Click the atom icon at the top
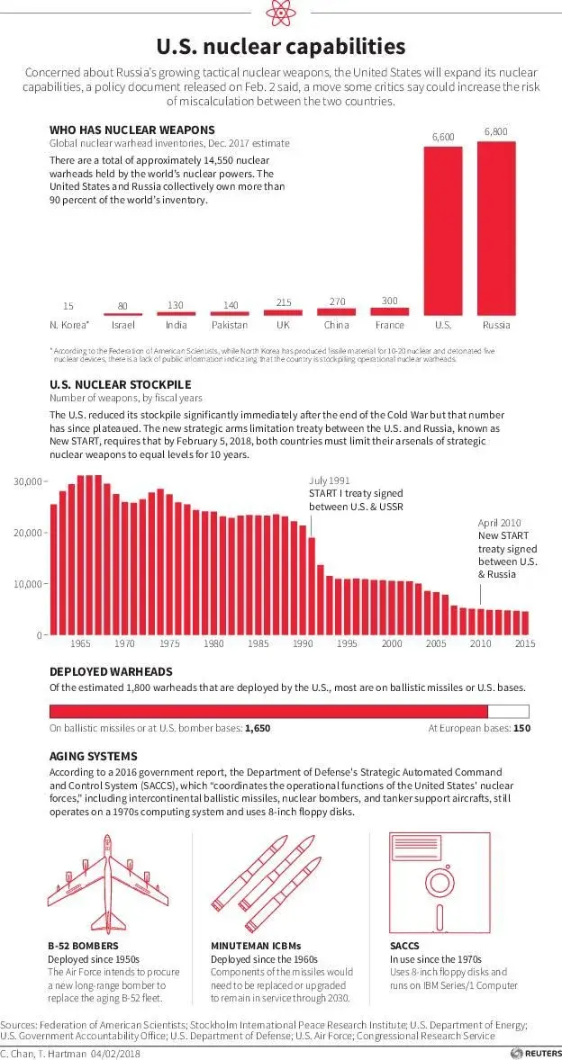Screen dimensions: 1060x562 (280, 14)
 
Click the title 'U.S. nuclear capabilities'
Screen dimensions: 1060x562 (280, 47)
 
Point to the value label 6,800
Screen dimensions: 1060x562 (495, 132)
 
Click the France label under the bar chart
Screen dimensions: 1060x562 (389, 325)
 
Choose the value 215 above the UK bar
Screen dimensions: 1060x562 (283, 303)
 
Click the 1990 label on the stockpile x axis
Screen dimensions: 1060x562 (302, 644)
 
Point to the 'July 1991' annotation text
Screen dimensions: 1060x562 (330, 481)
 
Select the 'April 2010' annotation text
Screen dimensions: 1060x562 (500, 523)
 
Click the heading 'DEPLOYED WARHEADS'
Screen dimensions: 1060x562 (111, 671)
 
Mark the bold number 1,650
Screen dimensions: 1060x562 (257, 728)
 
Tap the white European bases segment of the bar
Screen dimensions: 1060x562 (508, 711)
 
